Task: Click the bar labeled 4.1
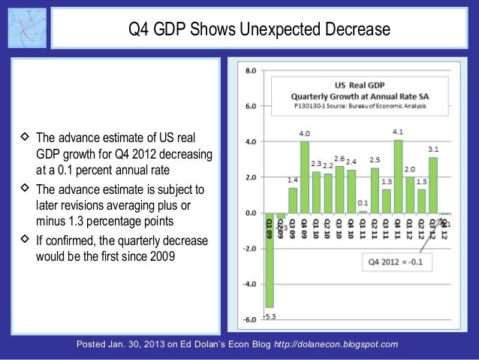pos(398,177)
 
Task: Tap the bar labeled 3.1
pos(432,185)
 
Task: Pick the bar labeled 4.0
pos(305,177)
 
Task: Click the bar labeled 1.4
pos(293,200)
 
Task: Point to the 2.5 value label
pos(375,160)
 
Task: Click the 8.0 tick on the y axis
pos(250,70)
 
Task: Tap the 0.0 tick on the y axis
pos(250,213)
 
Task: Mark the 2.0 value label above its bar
pos(410,169)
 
